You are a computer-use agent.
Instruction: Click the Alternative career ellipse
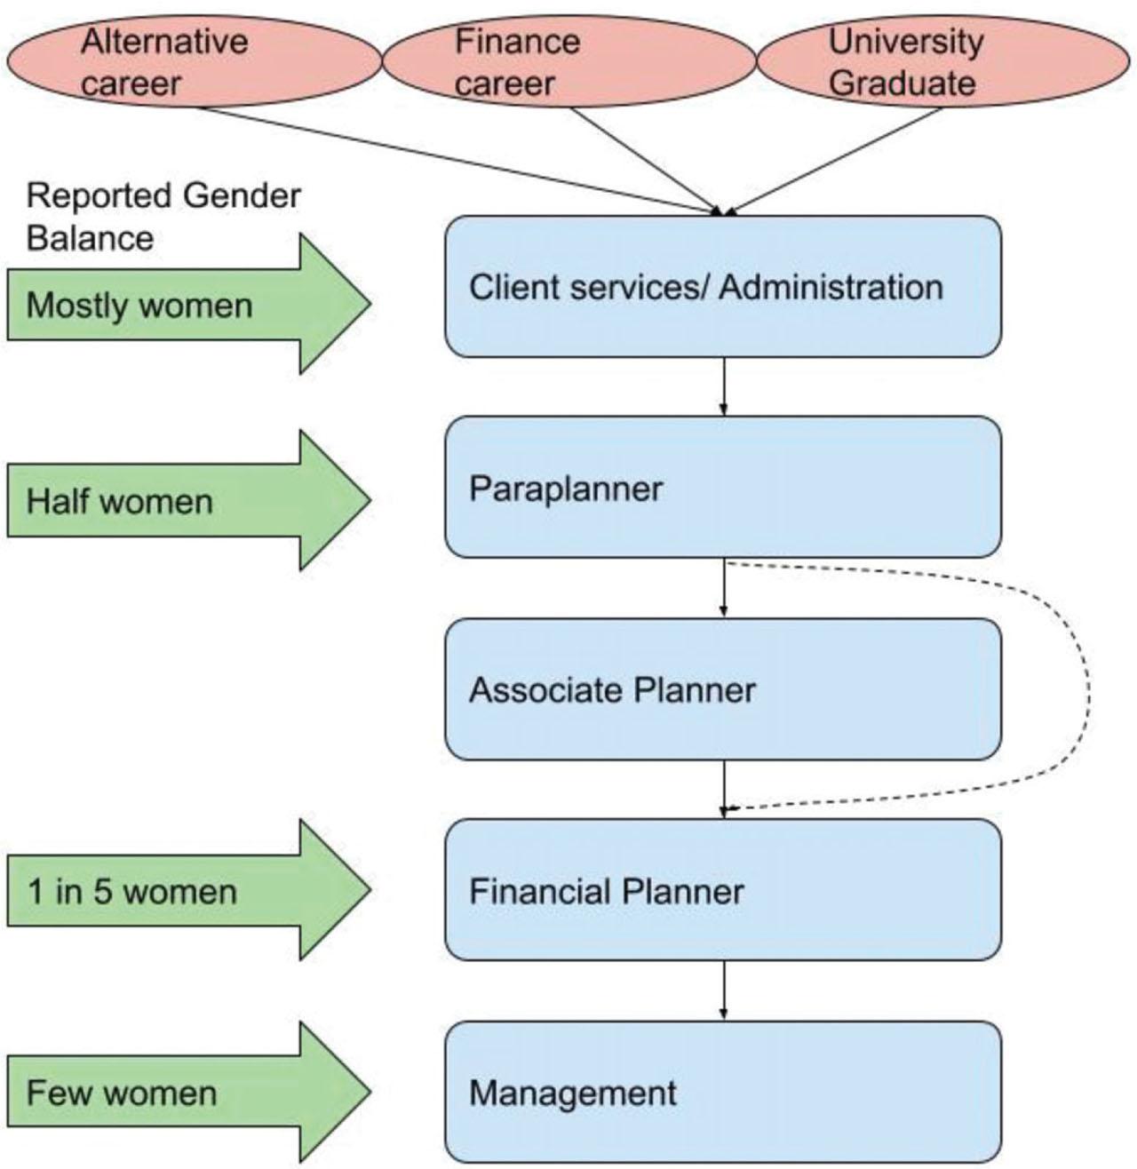(x=194, y=62)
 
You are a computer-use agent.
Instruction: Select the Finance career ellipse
(x=568, y=62)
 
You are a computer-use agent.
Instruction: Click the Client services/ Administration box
(x=723, y=287)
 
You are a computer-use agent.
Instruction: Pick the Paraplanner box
(x=723, y=488)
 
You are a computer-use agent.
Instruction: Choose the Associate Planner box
(x=723, y=689)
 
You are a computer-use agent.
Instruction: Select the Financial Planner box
(x=723, y=890)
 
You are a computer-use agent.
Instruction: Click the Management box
(x=723, y=1092)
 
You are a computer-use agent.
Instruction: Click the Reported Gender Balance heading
(x=163, y=217)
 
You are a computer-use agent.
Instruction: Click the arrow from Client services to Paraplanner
(x=724, y=386)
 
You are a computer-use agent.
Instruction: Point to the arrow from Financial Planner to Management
(x=724, y=990)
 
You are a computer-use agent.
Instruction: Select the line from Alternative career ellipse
(x=444, y=158)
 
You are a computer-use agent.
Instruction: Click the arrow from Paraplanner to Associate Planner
(x=724, y=587)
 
